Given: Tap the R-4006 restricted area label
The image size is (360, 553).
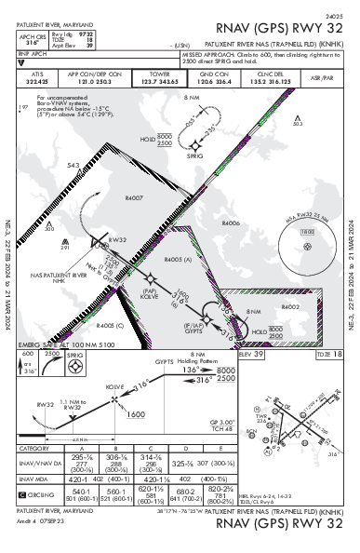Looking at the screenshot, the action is (x=232, y=223).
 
